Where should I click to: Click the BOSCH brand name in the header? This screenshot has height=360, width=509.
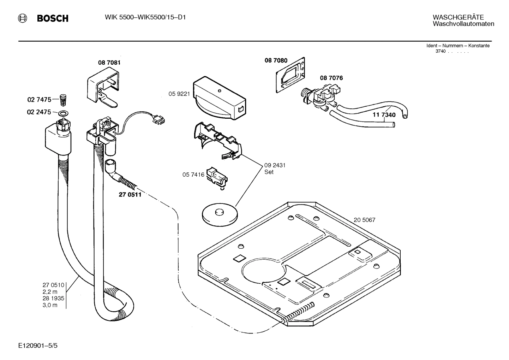pyautogui.click(x=53, y=18)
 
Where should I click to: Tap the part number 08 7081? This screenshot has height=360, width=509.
pyautogui.click(x=109, y=63)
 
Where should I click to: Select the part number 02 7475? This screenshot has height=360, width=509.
pyautogui.click(x=39, y=100)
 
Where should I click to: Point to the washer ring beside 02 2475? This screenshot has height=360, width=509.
pyautogui.click(x=64, y=113)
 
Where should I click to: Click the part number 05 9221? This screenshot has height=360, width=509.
pyautogui.click(x=179, y=94)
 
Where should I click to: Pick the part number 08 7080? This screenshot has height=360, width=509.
pyautogui.click(x=276, y=60)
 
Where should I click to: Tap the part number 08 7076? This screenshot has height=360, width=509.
pyautogui.click(x=331, y=78)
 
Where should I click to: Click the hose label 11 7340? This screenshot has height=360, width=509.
pyautogui.click(x=384, y=115)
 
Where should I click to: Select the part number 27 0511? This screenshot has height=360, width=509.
pyautogui.click(x=130, y=194)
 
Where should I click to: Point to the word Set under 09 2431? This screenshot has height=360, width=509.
pyautogui.click(x=269, y=172)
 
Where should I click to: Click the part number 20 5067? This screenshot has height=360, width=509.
pyautogui.click(x=364, y=220)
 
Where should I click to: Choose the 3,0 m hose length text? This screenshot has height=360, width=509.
pyautogui.click(x=50, y=305)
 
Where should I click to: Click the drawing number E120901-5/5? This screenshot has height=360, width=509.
pyautogui.click(x=38, y=345)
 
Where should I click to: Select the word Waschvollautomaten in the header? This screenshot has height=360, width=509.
pyautogui.click(x=463, y=24)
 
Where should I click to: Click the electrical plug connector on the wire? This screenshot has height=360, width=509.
pyautogui.click(x=158, y=120)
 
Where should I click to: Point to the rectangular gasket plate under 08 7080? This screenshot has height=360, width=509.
pyautogui.click(x=291, y=76)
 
